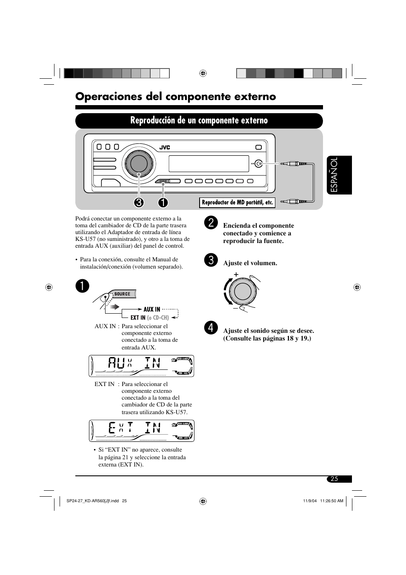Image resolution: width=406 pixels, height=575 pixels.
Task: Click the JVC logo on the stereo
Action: (165, 148)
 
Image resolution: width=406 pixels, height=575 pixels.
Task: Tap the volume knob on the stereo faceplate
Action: (137, 163)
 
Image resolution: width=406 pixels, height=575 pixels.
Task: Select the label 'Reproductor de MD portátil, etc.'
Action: (237, 203)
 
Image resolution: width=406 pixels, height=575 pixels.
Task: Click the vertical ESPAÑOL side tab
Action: (340, 175)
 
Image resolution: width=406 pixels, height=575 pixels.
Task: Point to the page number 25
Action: (335, 479)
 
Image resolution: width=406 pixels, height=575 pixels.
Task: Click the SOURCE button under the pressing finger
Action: (123, 294)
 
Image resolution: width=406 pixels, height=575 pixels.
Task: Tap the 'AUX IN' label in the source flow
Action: (152, 309)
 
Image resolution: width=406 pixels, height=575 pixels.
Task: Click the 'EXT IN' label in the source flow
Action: (138, 318)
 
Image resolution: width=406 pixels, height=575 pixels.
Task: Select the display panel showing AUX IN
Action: (141, 366)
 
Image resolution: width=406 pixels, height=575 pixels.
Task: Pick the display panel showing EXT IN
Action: (141, 431)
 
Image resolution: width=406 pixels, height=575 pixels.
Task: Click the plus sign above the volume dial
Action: (236, 275)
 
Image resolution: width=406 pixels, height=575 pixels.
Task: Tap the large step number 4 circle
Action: (211, 328)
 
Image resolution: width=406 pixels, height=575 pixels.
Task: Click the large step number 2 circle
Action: (211, 223)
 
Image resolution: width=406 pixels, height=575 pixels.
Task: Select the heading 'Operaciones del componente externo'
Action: (175, 97)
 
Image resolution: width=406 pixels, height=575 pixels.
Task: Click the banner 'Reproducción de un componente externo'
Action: (199, 120)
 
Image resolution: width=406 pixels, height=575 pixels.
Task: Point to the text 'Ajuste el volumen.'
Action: (250, 263)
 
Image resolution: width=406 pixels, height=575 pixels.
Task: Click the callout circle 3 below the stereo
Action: (139, 203)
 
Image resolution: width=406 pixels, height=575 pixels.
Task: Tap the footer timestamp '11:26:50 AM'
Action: (332, 501)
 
